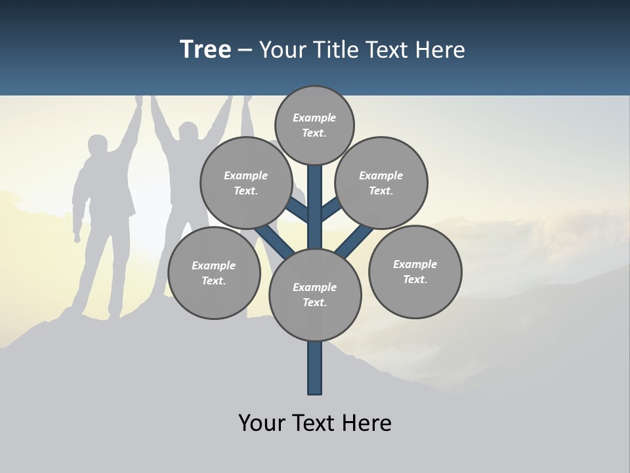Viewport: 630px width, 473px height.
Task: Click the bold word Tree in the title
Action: tap(205, 50)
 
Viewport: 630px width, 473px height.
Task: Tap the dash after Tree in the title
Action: tap(245, 51)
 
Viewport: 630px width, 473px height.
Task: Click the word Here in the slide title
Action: tap(440, 50)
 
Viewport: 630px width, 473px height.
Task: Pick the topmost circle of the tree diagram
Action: tap(314, 125)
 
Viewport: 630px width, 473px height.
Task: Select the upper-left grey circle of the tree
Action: tap(246, 183)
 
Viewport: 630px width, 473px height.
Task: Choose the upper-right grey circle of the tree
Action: tap(381, 183)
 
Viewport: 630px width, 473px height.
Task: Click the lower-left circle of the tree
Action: tap(214, 273)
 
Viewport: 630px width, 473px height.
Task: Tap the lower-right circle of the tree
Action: tap(415, 271)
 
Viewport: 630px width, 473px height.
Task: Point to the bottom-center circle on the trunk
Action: tap(315, 294)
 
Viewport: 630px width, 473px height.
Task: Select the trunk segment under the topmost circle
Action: tap(315, 197)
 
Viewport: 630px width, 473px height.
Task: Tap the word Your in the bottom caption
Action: tap(261, 423)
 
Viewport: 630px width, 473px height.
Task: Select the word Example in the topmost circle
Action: tap(314, 118)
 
